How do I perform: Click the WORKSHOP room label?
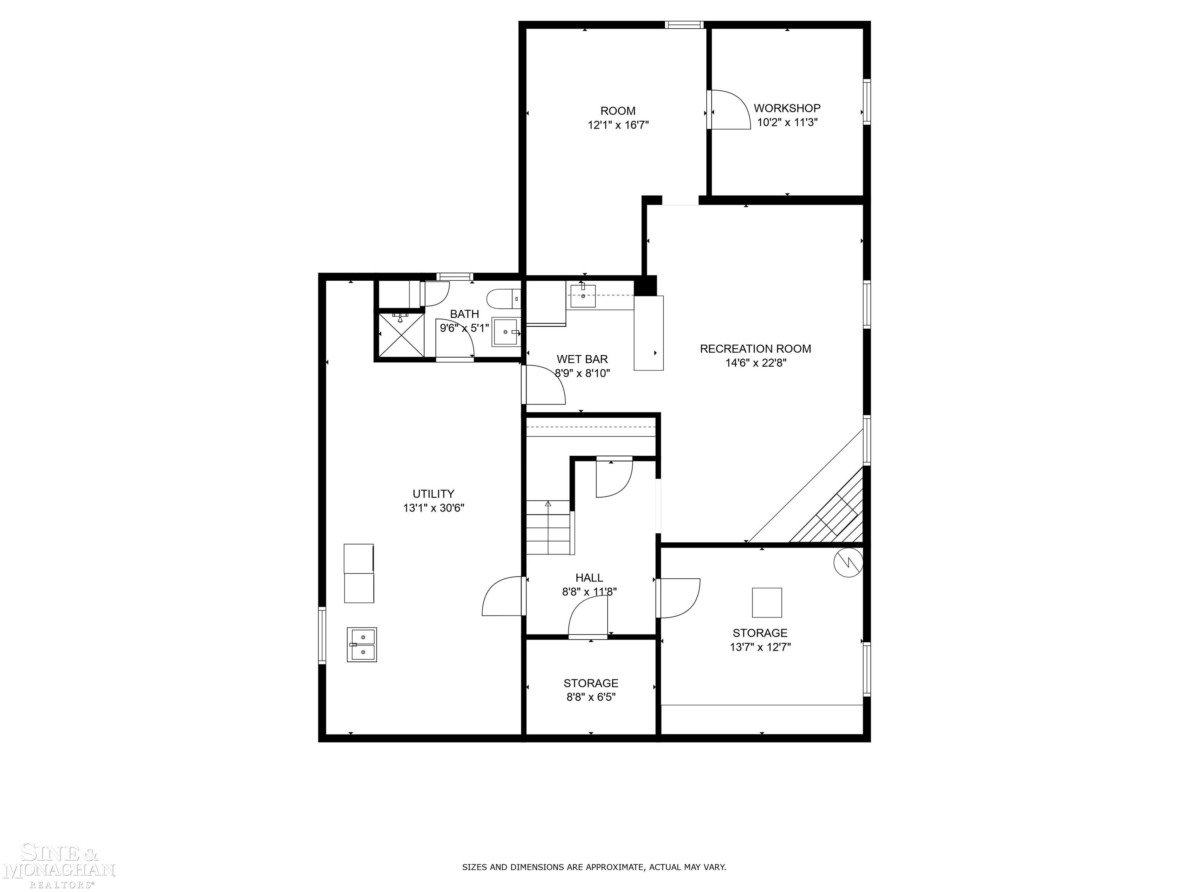click(x=786, y=108)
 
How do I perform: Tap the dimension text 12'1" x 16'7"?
click(x=618, y=125)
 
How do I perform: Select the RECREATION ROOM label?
click(x=755, y=348)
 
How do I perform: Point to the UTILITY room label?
click(x=433, y=494)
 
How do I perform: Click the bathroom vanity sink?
click(x=505, y=332)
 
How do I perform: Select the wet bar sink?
click(x=583, y=296)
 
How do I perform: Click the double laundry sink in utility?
click(x=362, y=644)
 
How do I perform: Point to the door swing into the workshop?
click(x=728, y=110)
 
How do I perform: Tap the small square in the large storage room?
click(x=766, y=603)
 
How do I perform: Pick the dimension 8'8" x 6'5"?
click(x=591, y=697)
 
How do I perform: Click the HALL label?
click(x=589, y=578)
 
